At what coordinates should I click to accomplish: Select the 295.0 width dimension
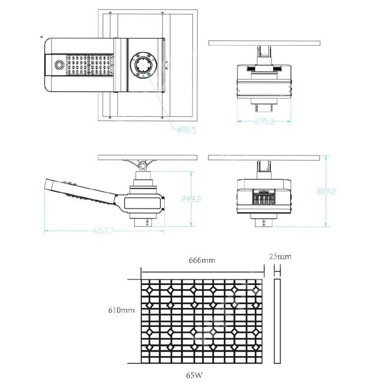pos(264,122)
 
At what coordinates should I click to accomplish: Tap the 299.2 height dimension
pos(191,199)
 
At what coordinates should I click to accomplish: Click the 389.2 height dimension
pos(326,191)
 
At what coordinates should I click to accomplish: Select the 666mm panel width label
pos(202,260)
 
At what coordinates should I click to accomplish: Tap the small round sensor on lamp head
pos(58,64)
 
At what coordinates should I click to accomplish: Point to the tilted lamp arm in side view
pos(81,193)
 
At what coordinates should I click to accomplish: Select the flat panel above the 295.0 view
pos(264,42)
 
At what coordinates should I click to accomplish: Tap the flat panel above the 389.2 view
pos(264,157)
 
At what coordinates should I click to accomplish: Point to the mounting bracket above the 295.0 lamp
pos(264,54)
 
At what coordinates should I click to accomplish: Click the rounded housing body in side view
pos(142,202)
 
